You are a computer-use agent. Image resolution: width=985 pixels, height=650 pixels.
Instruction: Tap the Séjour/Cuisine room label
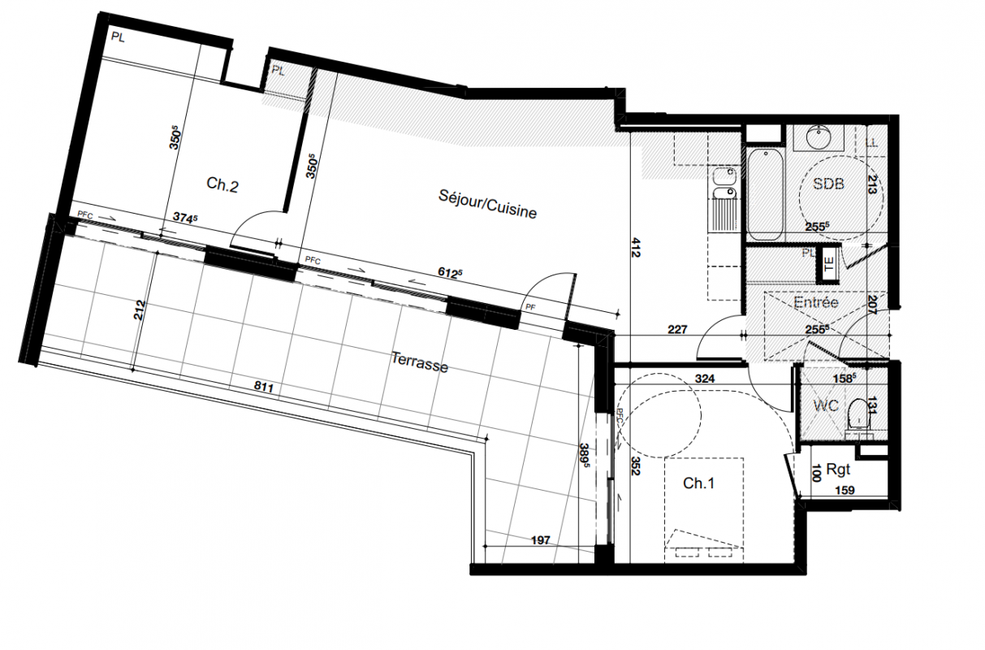click(x=487, y=204)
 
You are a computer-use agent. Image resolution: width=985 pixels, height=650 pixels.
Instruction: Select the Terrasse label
click(x=420, y=362)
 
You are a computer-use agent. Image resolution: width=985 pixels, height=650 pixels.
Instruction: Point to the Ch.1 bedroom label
click(x=698, y=483)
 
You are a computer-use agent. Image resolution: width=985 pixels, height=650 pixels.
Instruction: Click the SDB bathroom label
click(x=828, y=184)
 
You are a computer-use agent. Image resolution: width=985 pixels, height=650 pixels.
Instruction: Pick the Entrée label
click(x=816, y=302)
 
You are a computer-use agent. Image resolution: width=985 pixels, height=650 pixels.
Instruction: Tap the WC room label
click(x=826, y=405)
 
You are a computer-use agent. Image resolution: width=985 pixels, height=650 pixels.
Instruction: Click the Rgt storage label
click(x=838, y=470)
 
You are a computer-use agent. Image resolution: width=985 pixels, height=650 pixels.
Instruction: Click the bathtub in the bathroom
click(x=766, y=194)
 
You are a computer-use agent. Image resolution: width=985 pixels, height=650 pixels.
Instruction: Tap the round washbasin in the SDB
click(x=819, y=138)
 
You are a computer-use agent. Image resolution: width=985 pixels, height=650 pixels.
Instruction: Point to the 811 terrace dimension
click(x=264, y=387)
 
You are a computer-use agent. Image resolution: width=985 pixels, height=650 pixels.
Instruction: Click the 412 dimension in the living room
click(x=636, y=247)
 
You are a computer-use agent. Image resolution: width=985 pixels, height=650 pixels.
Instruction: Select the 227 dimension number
click(x=677, y=329)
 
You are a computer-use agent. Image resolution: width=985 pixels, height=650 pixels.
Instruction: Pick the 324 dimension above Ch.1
click(x=705, y=379)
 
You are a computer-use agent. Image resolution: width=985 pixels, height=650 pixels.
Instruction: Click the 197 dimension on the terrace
click(x=541, y=540)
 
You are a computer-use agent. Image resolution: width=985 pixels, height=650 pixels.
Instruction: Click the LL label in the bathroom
click(x=871, y=142)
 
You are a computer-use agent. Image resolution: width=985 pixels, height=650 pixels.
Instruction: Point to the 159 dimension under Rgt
click(x=845, y=490)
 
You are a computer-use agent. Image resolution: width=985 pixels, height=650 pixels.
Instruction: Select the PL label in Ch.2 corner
click(x=118, y=37)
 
